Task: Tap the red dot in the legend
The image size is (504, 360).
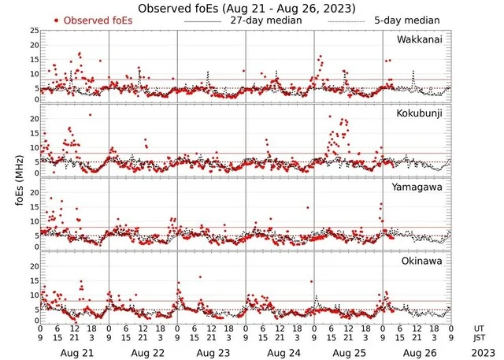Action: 56,20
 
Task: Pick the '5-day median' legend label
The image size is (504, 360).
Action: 408,20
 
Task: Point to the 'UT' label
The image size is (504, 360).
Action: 478,328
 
